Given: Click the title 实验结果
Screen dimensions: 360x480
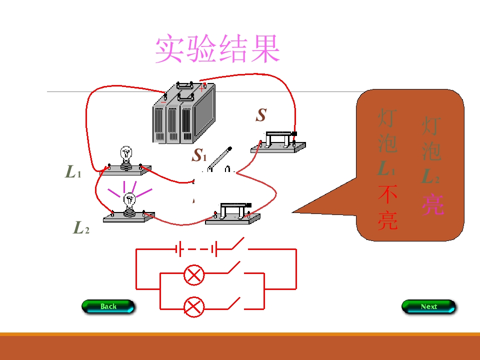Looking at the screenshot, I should coord(217,49).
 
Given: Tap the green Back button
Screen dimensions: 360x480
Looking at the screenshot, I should coord(108,306).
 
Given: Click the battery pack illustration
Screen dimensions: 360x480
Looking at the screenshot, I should coord(183,113).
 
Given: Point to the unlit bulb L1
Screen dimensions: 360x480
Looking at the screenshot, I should coord(126,156).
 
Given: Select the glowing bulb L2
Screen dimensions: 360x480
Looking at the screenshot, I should coord(129,202).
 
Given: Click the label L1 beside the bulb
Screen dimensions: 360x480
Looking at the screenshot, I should coord(73,172).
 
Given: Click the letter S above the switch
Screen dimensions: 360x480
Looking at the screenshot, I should coord(260,115).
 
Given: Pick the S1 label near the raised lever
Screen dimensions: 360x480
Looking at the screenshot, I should coord(199,155).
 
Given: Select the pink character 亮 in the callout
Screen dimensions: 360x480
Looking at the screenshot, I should coord(432,204).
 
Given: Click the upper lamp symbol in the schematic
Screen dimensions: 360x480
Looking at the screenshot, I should coord(194,274).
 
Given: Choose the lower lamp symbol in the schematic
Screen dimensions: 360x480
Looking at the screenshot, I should coord(194,306).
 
